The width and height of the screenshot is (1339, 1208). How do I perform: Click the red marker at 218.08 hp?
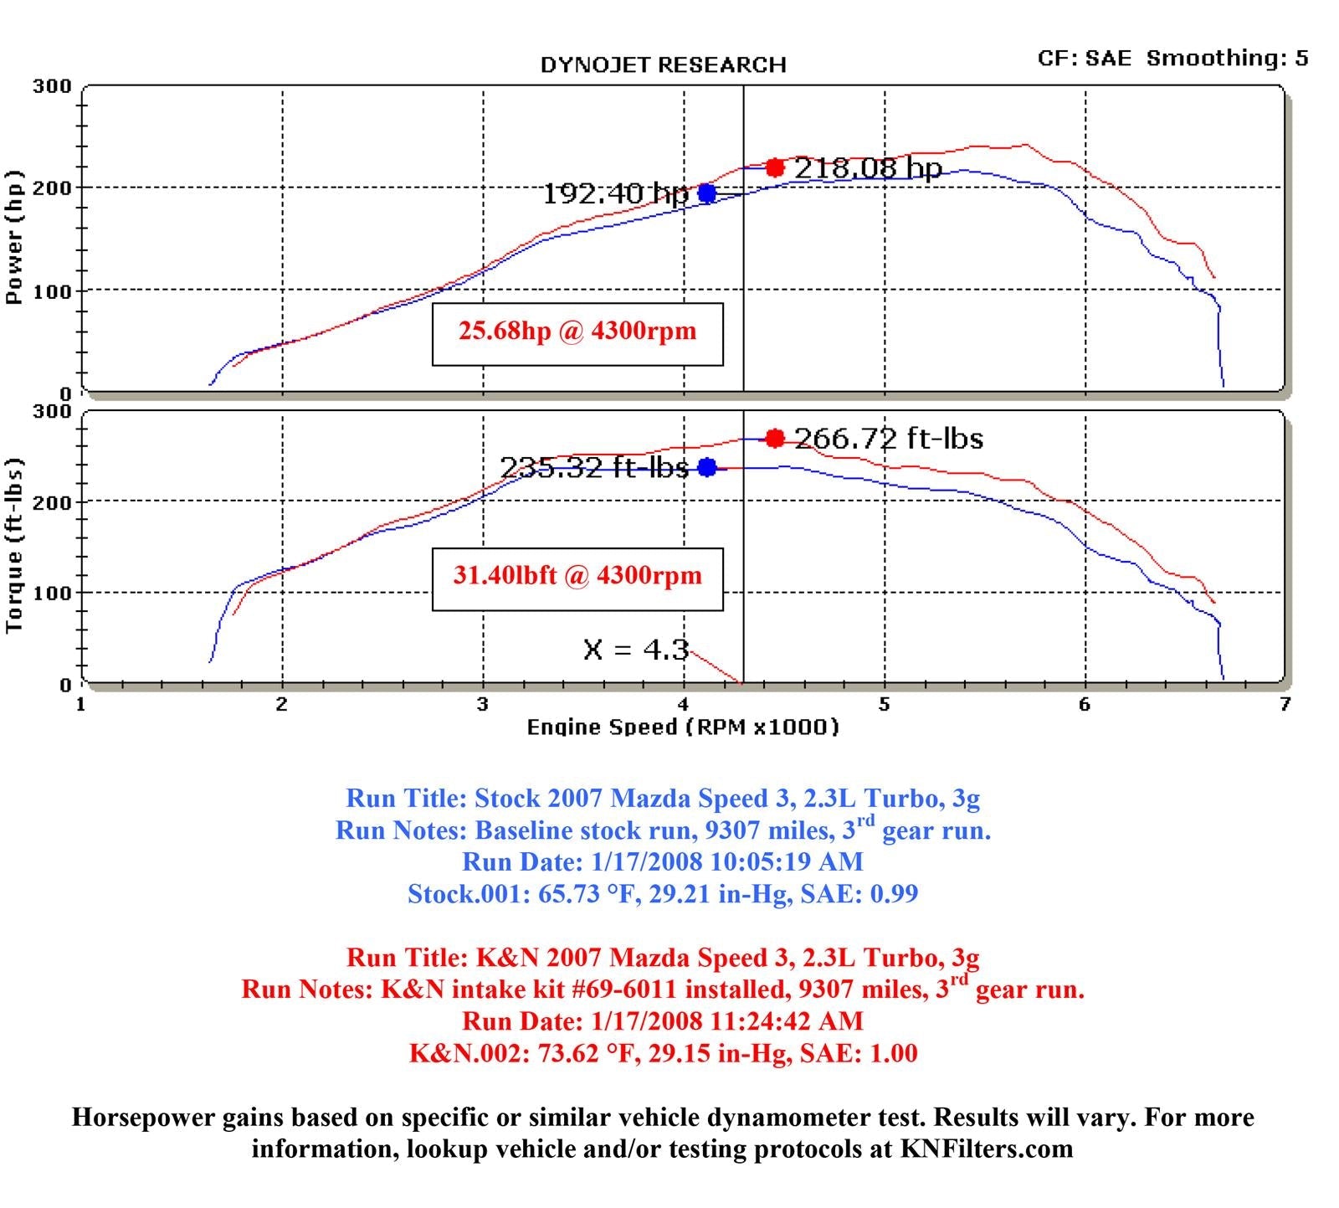(775, 167)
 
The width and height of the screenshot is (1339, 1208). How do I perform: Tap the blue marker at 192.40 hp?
(707, 193)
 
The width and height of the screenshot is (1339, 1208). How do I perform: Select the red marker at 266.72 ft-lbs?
(775, 438)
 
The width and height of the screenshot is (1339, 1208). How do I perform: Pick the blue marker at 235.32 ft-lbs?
(707, 467)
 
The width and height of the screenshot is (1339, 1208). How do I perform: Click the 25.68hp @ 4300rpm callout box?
(577, 333)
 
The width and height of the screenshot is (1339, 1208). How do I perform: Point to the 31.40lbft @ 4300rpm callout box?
(577, 578)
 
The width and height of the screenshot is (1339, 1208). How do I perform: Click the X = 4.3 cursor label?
(636, 650)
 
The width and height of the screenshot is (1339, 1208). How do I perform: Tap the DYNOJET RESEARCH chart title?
(663, 65)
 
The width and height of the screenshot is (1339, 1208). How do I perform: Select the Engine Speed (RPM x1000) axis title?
(682, 727)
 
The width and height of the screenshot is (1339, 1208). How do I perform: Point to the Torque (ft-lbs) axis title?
(14, 546)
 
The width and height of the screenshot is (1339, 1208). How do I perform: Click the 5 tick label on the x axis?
(884, 704)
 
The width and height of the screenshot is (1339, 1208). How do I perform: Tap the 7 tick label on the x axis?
(1285, 704)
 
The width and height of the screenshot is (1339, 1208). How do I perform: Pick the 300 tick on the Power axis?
(52, 86)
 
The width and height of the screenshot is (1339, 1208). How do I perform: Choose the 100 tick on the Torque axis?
(52, 593)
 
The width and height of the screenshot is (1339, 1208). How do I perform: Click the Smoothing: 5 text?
(1227, 58)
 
